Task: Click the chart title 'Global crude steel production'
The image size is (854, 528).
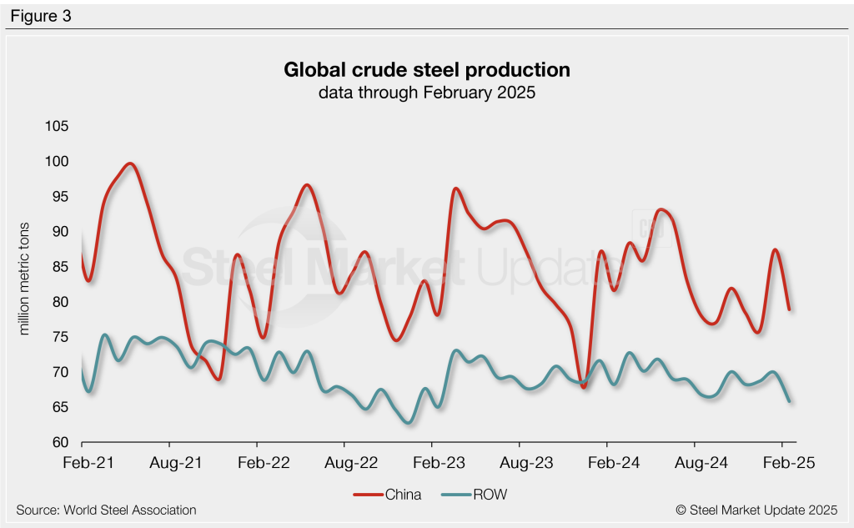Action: (426, 69)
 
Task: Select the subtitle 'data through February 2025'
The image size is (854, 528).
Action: (426, 93)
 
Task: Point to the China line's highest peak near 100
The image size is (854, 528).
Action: (130, 164)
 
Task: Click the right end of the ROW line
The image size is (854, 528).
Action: (789, 401)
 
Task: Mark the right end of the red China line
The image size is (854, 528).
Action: (789, 309)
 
